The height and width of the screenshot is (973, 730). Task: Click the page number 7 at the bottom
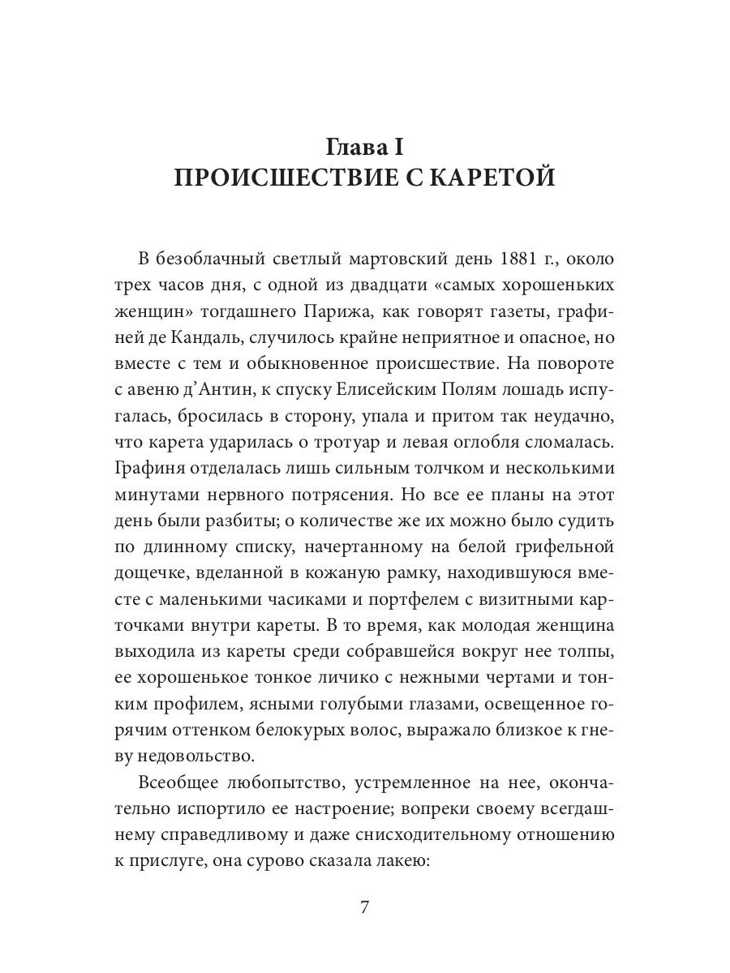365,907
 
